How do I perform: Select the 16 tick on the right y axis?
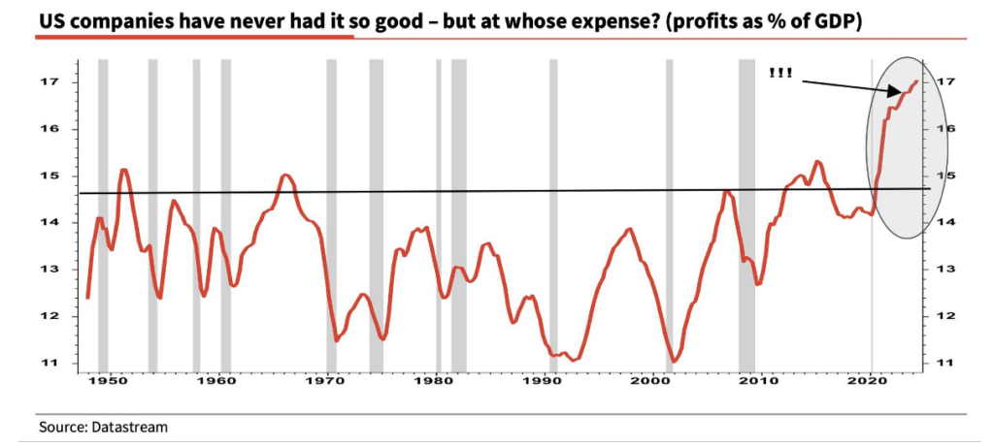click(x=938, y=130)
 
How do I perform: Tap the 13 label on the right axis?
click(x=938, y=270)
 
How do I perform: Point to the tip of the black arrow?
click(x=904, y=92)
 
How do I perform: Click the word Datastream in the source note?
click(x=117, y=426)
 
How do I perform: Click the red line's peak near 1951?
click(x=123, y=170)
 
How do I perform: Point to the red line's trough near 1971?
click(x=336, y=340)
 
